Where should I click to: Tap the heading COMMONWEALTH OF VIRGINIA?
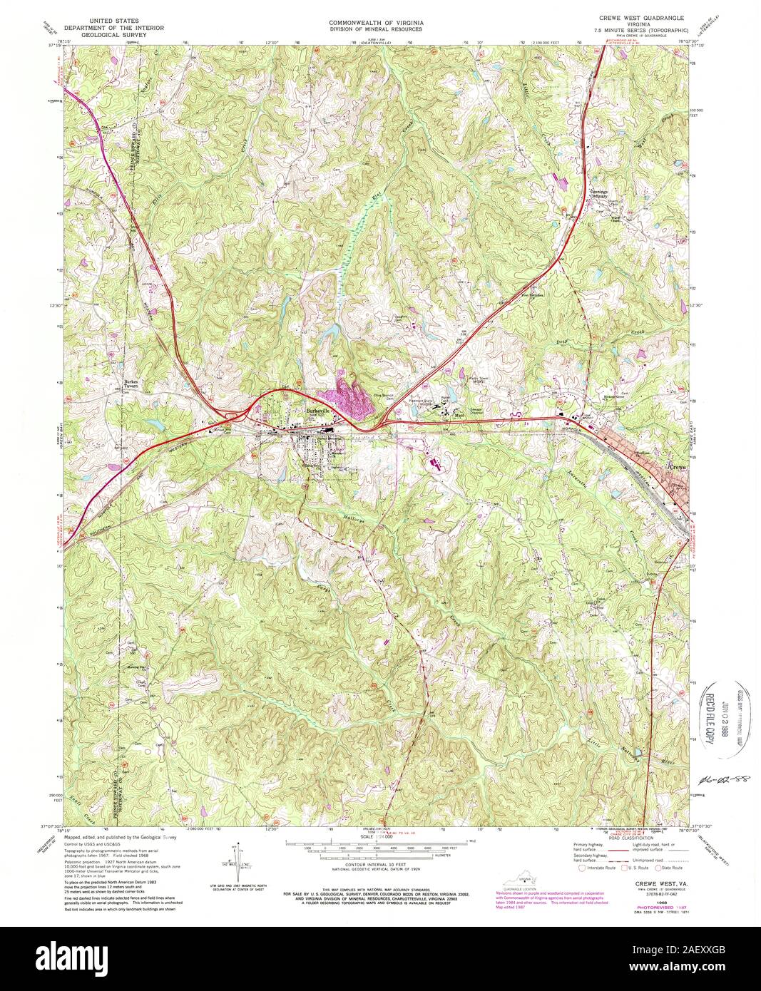click(376, 23)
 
